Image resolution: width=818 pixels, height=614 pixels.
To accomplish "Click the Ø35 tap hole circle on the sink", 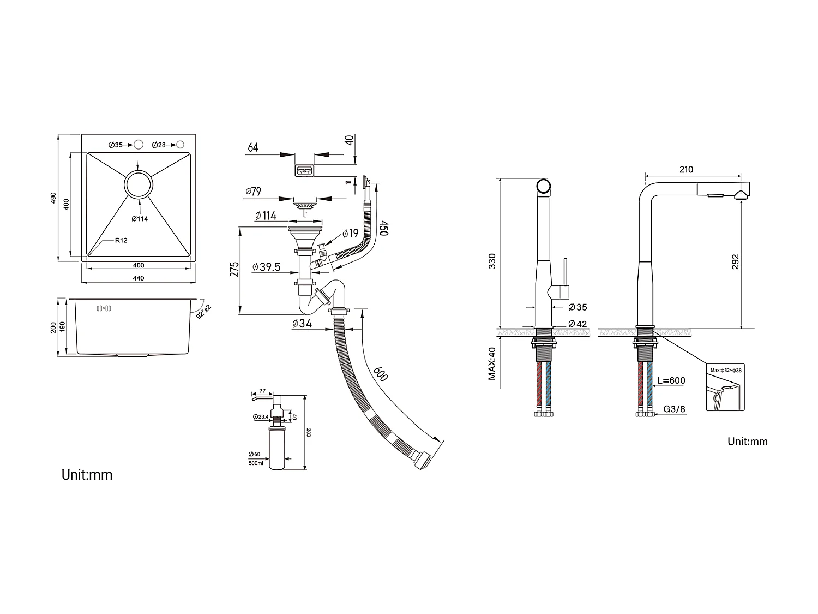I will (x=139, y=145).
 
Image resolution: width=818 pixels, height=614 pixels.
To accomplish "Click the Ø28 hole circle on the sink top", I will (x=180, y=145).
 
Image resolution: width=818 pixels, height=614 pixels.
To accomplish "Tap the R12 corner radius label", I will (x=121, y=240).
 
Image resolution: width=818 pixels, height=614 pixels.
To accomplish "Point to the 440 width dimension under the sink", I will (x=139, y=278).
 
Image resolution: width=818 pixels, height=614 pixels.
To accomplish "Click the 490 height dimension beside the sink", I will (x=53, y=198).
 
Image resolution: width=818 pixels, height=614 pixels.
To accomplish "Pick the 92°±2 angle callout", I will (x=204, y=311).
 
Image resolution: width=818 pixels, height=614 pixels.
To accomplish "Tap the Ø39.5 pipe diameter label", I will (x=267, y=267).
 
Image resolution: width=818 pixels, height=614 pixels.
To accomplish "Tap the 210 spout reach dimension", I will (x=687, y=170).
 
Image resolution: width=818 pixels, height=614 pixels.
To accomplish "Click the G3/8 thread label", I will (x=675, y=408).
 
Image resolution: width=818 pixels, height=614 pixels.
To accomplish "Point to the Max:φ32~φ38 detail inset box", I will (x=725, y=387).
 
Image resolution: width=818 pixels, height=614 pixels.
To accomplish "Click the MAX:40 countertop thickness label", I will (x=492, y=363).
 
